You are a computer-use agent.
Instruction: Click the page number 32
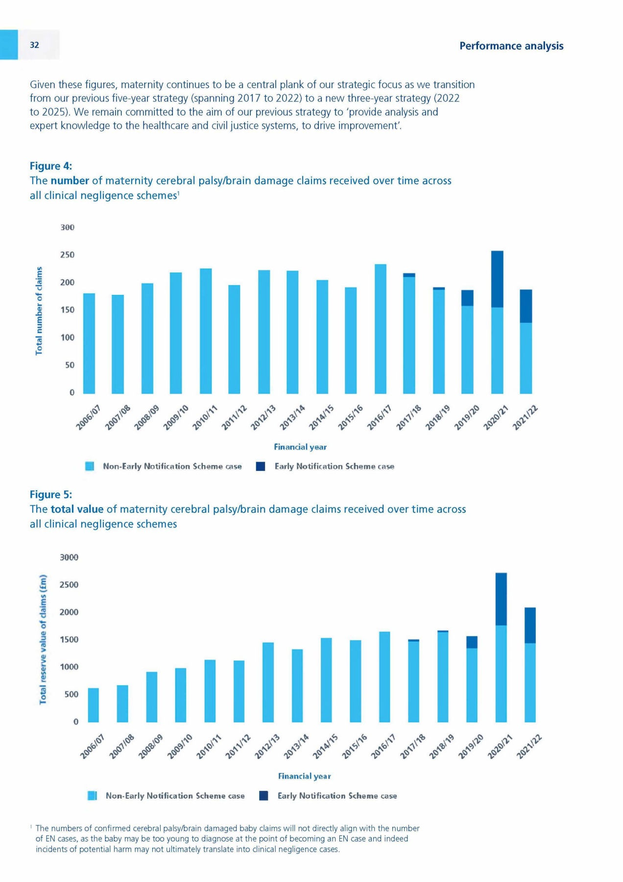point(34,45)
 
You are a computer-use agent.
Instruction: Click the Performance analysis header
point(511,46)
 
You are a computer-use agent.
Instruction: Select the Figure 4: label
point(51,166)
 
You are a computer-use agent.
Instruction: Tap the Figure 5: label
point(51,494)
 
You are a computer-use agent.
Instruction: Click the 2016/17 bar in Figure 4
point(381,328)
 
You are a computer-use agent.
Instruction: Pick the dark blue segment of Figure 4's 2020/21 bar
point(497,279)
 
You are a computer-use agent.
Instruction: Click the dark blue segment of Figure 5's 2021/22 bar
point(530,625)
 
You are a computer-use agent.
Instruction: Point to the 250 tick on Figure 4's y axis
point(68,255)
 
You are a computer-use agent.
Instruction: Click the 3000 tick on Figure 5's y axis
point(69,557)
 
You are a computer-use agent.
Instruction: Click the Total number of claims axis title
point(39,311)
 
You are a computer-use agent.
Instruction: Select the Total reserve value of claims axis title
point(43,639)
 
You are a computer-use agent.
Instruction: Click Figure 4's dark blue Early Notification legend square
point(261,466)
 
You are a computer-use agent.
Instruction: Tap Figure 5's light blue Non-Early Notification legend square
point(92,796)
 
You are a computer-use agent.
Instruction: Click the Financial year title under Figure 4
point(300,447)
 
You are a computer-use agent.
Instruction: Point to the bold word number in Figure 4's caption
point(70,181)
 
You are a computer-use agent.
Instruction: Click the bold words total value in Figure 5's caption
point(77,509)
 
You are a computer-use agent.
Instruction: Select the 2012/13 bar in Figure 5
point(268,682)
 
